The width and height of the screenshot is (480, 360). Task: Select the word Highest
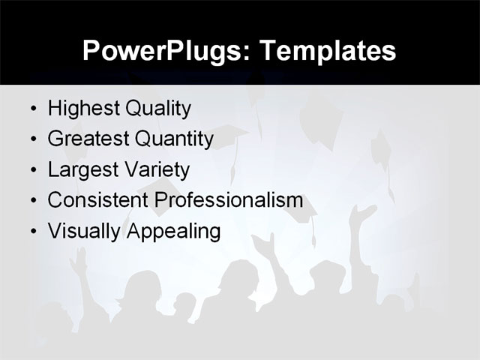tap(82, 109)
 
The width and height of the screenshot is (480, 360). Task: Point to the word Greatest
tap(86, 139)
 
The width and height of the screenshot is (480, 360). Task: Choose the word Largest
tap(80, 170)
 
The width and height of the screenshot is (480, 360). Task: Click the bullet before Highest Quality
tap(33, 109)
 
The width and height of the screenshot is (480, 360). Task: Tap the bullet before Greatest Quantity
tap(33, 140)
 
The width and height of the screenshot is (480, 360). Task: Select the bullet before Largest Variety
tap(33, 171)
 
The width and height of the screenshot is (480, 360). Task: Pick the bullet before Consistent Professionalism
tap(33, 202)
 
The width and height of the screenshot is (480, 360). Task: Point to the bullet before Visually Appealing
tap(33, 232)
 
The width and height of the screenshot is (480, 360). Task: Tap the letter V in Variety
tap(138, 170)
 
